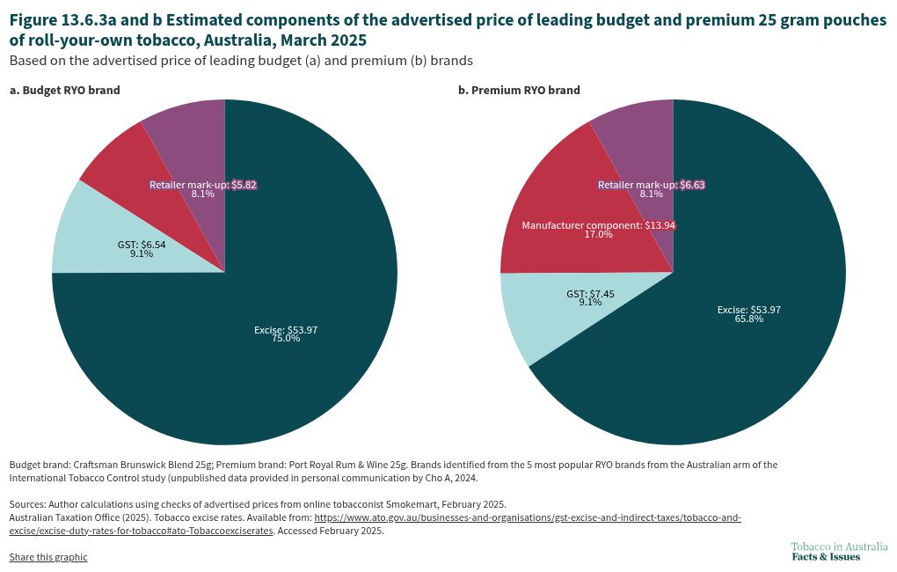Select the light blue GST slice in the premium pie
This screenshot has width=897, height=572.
point(536,317)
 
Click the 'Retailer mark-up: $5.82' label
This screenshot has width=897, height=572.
point(202,185)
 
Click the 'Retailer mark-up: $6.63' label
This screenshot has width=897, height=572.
point(651,185)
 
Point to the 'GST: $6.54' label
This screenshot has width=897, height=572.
point(141,244)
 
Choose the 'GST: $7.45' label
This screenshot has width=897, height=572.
point(590,292)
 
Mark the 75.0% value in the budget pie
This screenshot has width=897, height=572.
point(286,339)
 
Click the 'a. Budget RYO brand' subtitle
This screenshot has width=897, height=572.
point(64,90)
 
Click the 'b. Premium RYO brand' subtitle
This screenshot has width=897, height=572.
point(519,90)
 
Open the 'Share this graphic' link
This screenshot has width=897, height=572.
point(48,557)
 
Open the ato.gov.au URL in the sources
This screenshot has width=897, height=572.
point(528,518)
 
